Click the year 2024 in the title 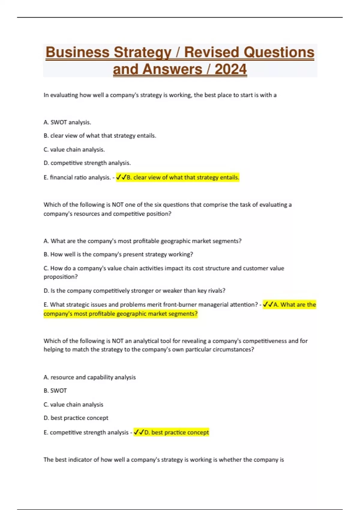click(231, 69)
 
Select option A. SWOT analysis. click(67, 122)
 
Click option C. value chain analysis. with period click(74, 149)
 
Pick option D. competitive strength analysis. click(87, 163)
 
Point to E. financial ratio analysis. click(77, 177)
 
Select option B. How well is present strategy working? click(118, 254)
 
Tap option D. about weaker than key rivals click(134, 291)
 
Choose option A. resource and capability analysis click(89, 377)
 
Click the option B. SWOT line click(55, 391)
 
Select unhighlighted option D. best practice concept click(76, 418)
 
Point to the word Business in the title click(77, 52)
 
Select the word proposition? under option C click(61, 277)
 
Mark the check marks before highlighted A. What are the click(268, 304)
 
